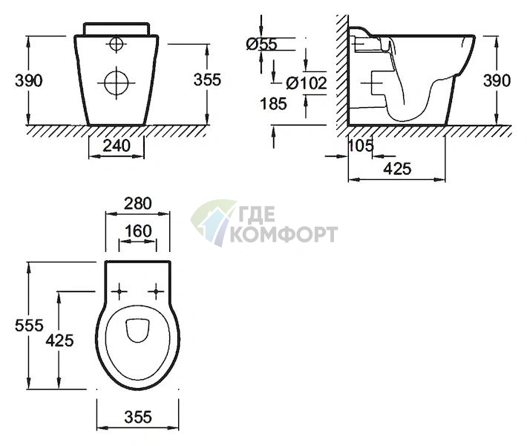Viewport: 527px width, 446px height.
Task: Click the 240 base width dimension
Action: [117, 146]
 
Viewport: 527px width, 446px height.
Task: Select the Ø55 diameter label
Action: [262, 44]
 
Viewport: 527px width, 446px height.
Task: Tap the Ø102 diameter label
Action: [307, 83]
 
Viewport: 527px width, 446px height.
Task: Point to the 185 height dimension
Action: [274, 103]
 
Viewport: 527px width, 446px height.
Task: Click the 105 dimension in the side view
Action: [361, 146]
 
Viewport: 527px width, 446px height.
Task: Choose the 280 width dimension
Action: [138, 204]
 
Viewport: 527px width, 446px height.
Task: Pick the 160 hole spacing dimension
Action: [138, 231]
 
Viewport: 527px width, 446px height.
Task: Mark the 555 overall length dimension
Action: [29, 325]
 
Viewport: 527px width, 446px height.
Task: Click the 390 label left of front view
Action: [29, 81]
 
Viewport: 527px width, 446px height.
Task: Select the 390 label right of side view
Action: [497, 80]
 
